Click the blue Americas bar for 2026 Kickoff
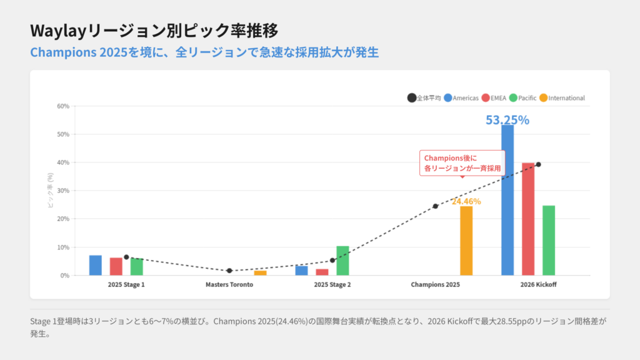[x=507, y=200]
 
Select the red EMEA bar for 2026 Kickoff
[x=528, y=219]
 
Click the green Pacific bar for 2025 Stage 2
[x=342, y=261]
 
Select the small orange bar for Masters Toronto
[x=260, y=273]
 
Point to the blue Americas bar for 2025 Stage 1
[x=95, y=265]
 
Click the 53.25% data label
[x=507, y=120]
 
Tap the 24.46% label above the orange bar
[x=466, y=201]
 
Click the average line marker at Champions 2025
[x=436, y=206]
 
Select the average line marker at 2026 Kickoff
[x=538, y=164]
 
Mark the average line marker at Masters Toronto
[x=229, y=271]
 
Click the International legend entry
[x=562, y=98]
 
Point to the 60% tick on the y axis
[x=62, y=106]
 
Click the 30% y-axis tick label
[x=62, y=191]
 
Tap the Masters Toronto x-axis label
[x=229, y=284]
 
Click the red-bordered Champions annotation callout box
[x=454, y=163]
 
